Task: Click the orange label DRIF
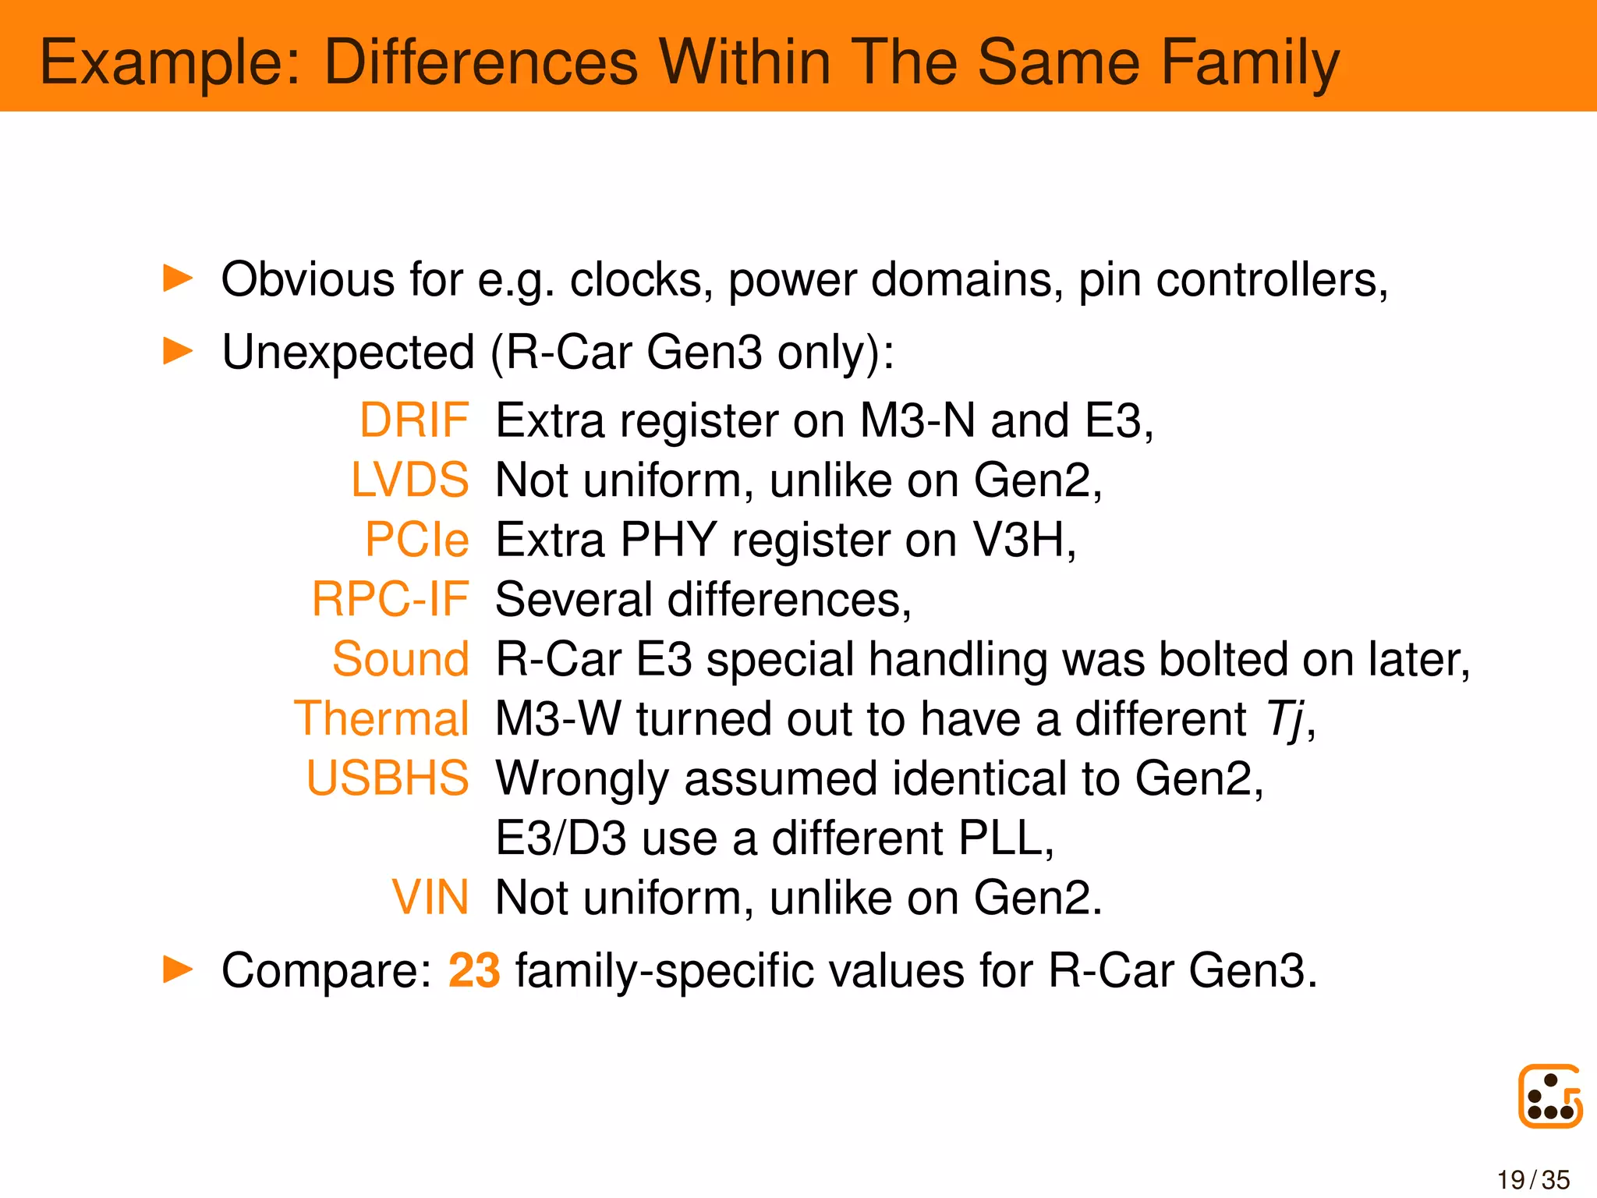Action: pos(414,420)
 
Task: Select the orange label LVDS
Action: pos(409,480)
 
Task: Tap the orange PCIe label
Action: pos(417,540)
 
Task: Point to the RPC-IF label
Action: pos(390,599)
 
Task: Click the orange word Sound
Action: pos(401,659)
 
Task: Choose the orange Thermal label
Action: pos(381,718)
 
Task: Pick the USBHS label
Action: pos(388,778)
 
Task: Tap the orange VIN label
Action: pos(430,898)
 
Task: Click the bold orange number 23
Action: pos(474,971)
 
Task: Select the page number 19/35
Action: pos(1533,1180)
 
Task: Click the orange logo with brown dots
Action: pos(1549,1096)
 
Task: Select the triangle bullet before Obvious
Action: pos(178,278)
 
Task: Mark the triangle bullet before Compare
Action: pos(178,969)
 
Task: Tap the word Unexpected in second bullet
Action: pos(348,352)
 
